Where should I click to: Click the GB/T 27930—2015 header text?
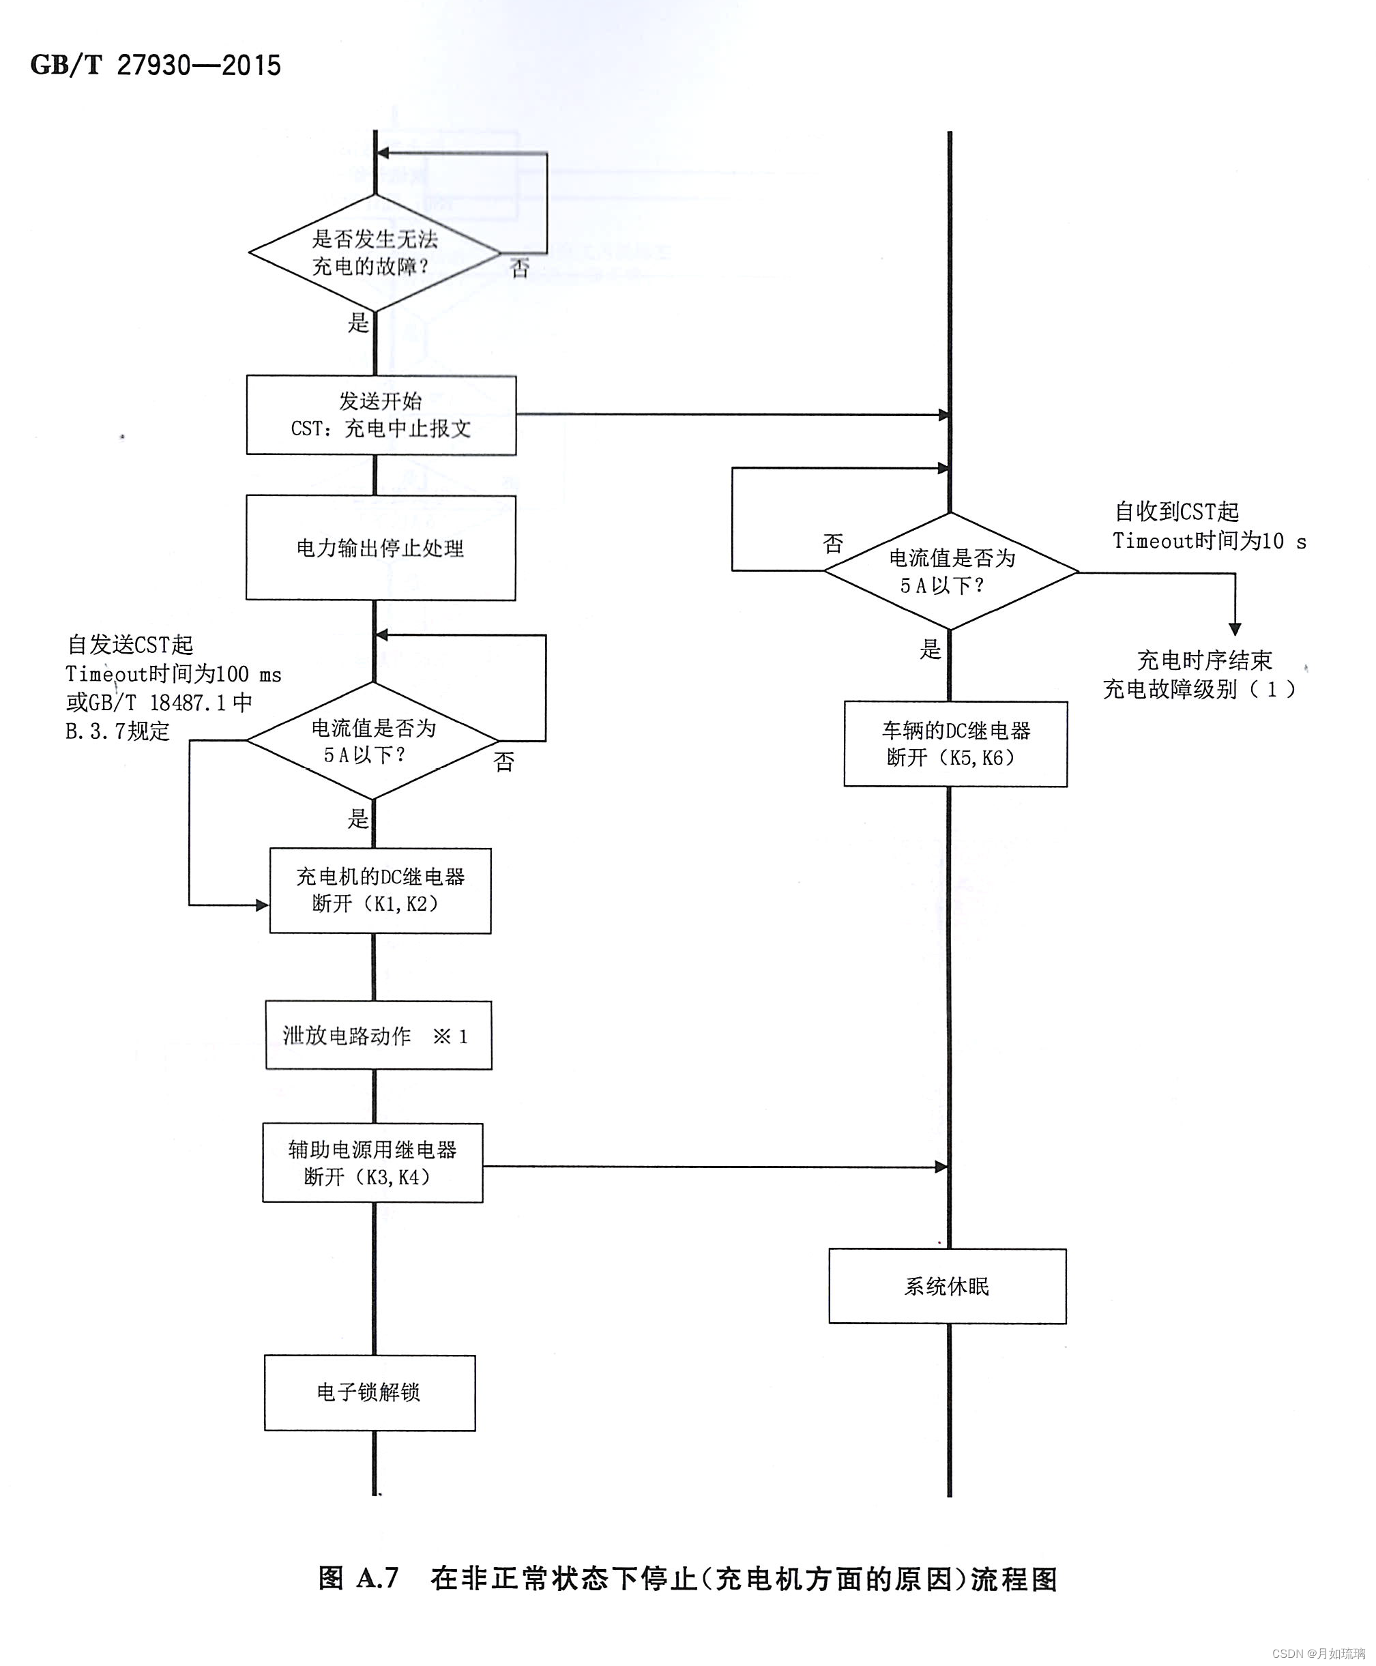(156, 65)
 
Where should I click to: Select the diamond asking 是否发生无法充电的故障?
(374, 253)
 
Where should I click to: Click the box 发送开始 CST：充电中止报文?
(381, 415)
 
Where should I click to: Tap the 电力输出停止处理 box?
(381, 548)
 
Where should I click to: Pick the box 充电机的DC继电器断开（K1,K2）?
(381, 890)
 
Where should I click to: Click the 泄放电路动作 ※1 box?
(378, 1035)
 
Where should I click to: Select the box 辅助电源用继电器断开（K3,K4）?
(372, 1163)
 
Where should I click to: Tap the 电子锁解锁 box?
(369, 1392)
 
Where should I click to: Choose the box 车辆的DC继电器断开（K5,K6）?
(955, 744)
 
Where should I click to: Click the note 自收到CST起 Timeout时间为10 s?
(1208, 526)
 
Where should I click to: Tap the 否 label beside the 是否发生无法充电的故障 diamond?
(519, 268)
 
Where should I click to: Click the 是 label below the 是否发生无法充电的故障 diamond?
(358, 323)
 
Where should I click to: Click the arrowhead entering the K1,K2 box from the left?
(263, 905)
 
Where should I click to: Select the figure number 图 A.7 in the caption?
(358, 1579)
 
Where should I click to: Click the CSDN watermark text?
(1318, 1653)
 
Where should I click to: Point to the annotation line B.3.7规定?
(117, 731)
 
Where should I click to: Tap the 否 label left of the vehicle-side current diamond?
(832, 544)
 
